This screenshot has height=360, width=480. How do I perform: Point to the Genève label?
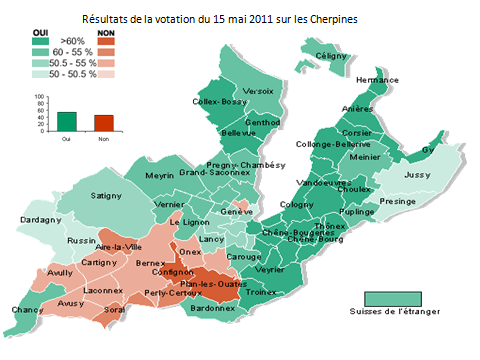pyautogui.click(x=237, y=212)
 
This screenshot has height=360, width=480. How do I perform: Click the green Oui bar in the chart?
pyautogui.click(x=67, y=120)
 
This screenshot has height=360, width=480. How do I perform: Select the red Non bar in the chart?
pyautogui.click(x=103, y=121)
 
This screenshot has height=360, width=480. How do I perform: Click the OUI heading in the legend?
pyautogui.click(x=42, y=32)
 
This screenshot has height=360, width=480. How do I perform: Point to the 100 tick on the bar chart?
pyautogui.click(x=40, y=97)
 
